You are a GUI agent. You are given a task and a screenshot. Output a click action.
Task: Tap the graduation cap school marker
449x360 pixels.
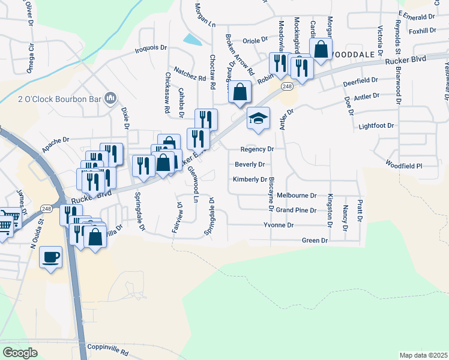(258, 118)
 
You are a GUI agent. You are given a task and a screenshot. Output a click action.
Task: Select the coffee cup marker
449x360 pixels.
(51, 257)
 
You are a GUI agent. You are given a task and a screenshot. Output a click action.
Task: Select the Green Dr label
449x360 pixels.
(315, 240)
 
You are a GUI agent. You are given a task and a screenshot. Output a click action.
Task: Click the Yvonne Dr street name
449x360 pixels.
(279, 225)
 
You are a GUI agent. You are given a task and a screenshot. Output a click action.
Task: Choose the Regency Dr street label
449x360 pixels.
(257, 149)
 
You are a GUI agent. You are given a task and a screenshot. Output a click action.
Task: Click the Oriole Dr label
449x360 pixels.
(256, 40)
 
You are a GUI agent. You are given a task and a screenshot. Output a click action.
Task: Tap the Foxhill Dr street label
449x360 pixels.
(422, 31)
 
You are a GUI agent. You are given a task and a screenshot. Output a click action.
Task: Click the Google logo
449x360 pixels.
(20, 352)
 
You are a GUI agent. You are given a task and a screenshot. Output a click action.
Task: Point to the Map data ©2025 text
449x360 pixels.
(423, 355)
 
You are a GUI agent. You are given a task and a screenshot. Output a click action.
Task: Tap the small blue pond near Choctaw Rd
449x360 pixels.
(193, 40)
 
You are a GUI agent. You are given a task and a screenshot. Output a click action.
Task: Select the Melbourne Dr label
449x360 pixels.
(296, 195)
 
